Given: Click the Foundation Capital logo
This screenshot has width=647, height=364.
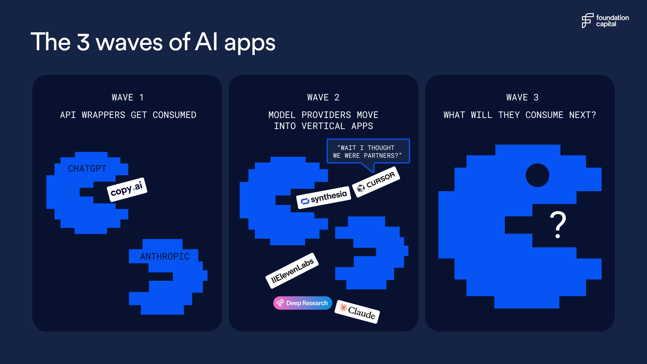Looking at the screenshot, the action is pos(605,21).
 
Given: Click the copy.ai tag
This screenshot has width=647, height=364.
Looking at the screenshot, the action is pos(127,189).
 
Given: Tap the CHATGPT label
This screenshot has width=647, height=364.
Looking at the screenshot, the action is pos(87,169).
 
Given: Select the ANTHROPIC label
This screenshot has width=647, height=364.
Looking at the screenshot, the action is pos(165,256).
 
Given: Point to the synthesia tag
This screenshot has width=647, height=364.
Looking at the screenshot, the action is pos(323,198).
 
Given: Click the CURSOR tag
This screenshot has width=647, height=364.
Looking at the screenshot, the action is pos(376,182).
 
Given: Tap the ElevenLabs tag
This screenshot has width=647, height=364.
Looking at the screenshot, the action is pos(292,271).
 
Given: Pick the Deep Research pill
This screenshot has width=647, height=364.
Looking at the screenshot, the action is pos(303,303).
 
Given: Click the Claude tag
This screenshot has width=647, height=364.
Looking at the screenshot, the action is pos(357,312).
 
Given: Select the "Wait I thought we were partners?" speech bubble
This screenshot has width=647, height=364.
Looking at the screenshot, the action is pos(368,152).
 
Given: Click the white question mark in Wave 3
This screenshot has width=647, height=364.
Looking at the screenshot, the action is pos(558,225).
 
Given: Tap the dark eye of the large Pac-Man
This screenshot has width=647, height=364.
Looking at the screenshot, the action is pos(537,175).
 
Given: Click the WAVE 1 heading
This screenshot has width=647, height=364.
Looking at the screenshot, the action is pos(128,97).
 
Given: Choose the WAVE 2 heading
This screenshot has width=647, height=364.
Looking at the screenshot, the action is pos(323,97).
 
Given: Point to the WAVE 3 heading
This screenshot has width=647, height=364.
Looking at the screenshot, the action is pos(522,97).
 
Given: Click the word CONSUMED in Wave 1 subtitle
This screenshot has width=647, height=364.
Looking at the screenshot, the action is pos(174,115).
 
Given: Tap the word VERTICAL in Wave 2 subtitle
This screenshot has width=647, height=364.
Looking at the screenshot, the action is pos(323,126).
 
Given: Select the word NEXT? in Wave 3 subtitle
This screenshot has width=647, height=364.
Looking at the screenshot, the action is pos(583,115).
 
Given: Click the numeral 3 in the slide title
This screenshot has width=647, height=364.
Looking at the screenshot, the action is pos(83,42).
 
